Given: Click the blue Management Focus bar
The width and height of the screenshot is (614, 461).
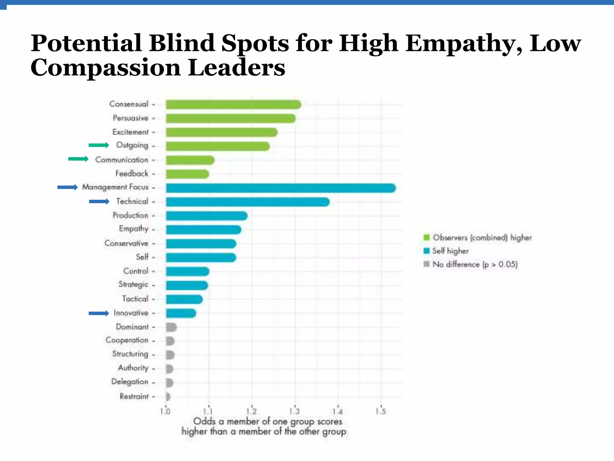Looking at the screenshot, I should (x=280, y=188).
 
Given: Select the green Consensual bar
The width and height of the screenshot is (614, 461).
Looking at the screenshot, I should (x=233, y=104).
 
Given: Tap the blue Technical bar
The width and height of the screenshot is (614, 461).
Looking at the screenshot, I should (x=248, y=202).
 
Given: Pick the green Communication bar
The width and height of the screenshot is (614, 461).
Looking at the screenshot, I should (x=190, y=160).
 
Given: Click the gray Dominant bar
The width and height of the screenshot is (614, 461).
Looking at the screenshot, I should (x=171, y=327).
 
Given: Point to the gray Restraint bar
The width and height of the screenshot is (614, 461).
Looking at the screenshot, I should (x=168, y=397).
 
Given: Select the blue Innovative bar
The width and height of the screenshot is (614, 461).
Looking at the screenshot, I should (x=181, y=313).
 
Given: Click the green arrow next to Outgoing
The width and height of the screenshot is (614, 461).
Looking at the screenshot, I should (x=99, y=145).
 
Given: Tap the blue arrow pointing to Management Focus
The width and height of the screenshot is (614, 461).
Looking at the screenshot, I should (x=67, y=187).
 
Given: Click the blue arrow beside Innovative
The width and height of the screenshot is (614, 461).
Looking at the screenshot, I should (x=99, y=313).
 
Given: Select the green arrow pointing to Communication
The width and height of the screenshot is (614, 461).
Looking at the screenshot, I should (x=78, y=159).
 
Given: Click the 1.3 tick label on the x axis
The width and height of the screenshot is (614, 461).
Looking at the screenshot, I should (x=294, y=411).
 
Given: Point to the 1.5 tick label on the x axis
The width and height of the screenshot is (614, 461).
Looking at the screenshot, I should (x=381, y=411).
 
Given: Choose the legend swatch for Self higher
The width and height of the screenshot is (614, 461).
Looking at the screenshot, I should (x=426, y=251).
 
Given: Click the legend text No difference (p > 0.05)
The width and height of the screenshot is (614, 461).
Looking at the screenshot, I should (x=475, y=264).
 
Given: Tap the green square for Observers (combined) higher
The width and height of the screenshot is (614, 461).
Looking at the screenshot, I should (x=426, y=238).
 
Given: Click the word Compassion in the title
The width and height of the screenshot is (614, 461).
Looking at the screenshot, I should (x=105, y=68).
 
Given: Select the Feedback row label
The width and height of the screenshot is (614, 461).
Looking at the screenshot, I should (x=132, y=173).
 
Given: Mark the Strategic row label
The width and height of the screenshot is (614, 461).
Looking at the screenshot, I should (x=133, y=284).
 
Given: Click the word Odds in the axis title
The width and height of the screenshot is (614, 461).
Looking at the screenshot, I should (x=204, y=421).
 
